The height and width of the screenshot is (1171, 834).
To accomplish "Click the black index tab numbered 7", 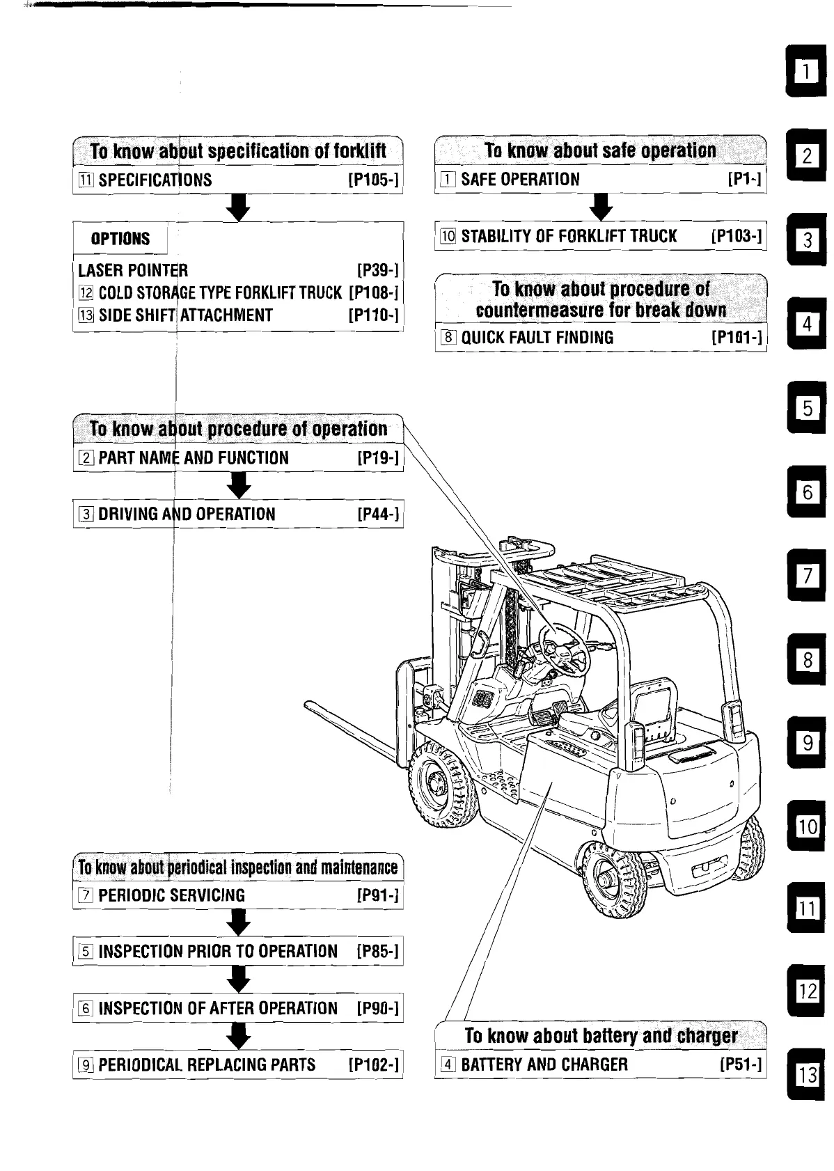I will click(x=807, y=576).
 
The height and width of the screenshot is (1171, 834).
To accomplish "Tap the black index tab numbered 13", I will click(x=807, y=1075).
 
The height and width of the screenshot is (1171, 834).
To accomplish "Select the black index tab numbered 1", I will click(x=807, y=71).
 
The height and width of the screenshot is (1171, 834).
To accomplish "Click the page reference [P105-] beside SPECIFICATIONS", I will click(x=373, y=180).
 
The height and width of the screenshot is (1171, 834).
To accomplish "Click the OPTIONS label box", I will click(x=120, y=239).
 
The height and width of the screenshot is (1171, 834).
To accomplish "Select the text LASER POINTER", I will click(x=133, y=270).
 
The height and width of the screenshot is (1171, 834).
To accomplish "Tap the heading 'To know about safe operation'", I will click(x=599, y=151).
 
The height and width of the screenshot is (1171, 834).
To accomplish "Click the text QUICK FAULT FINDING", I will click(x=537, y=338).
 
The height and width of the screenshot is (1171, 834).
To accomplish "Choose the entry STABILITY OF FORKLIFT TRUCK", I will click(x=568, y=236).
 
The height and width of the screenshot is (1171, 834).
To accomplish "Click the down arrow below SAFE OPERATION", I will click(x=601, y=206).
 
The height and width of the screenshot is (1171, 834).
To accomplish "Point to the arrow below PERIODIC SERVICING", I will click(x=239, y=923).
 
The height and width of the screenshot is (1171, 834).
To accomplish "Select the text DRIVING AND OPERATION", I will click(x=187, y=514).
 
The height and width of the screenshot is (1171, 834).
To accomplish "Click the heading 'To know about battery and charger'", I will click(x=601, y=1035).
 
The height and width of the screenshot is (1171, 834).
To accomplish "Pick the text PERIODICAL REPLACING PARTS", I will click(x=207, y=1064).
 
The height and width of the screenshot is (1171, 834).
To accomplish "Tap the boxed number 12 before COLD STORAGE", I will click(x=86, y=292).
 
